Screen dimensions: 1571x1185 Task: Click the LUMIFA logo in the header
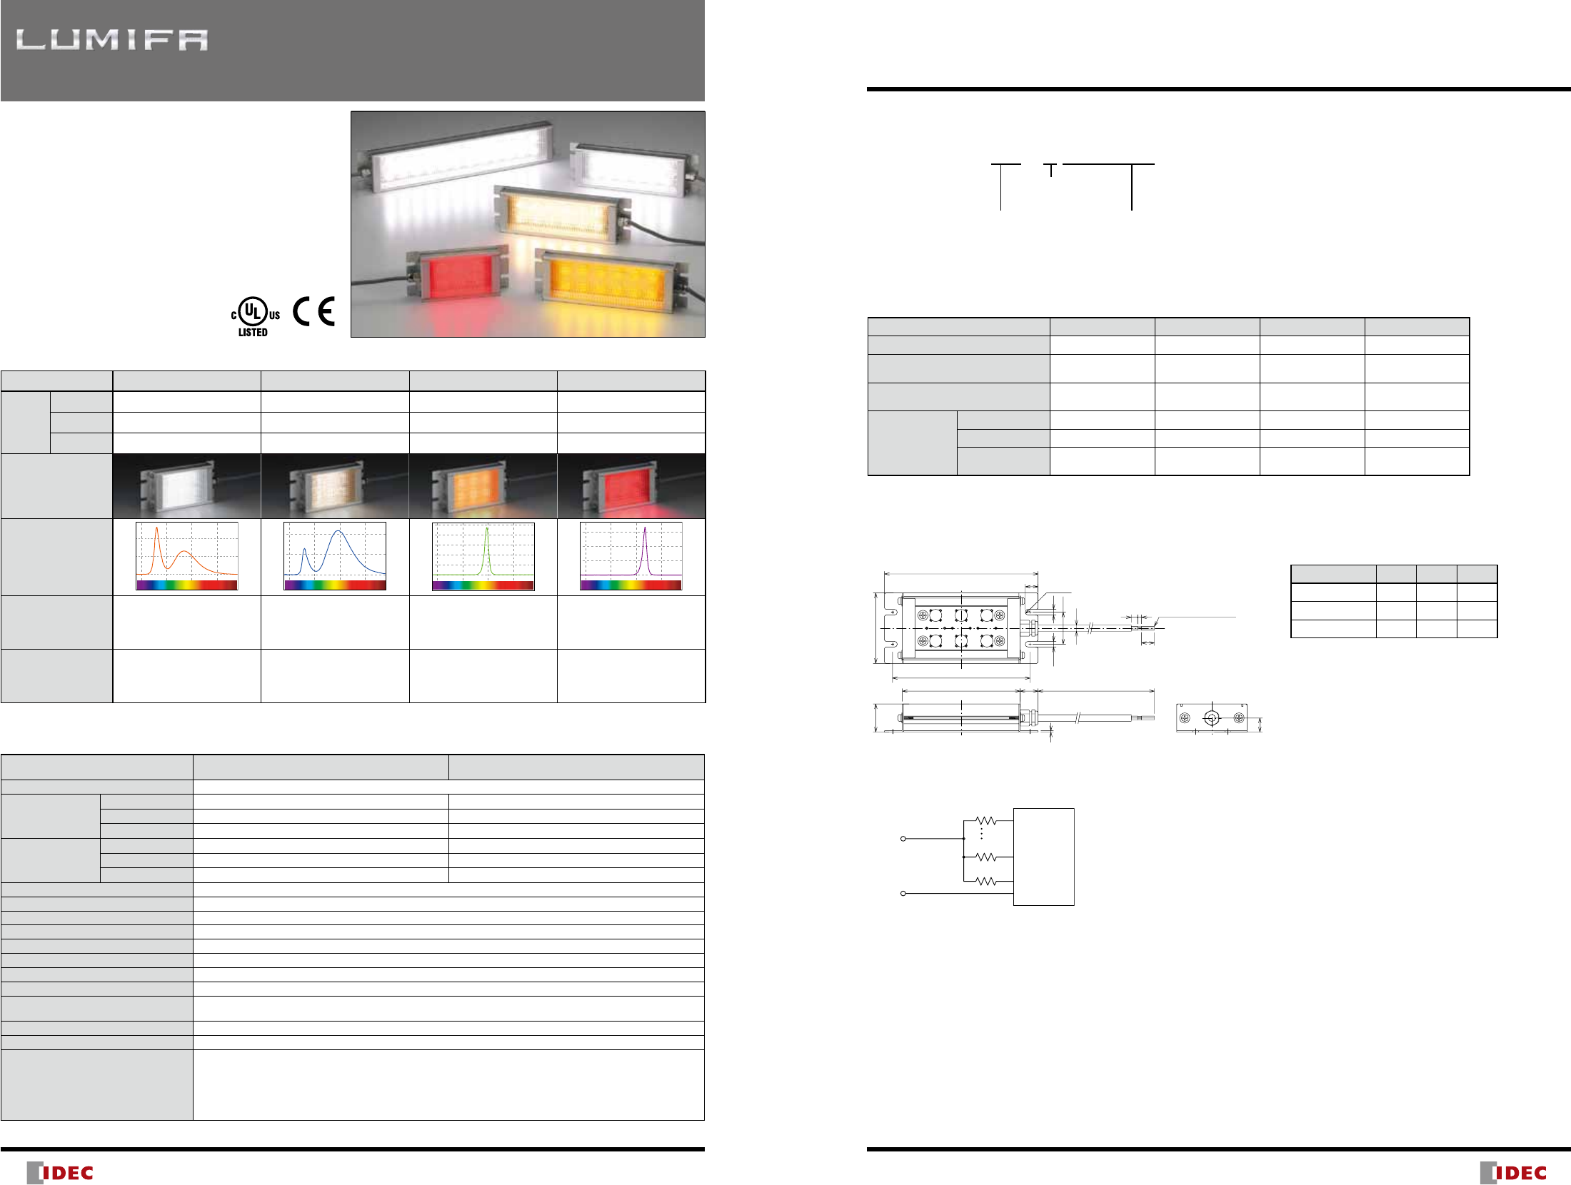click(x=112, y=40)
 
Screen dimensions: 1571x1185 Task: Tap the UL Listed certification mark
click(x=255, y=318)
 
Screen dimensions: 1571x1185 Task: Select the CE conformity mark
click(x=313, y=311)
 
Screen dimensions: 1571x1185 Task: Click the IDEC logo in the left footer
click(x=60, y=1172)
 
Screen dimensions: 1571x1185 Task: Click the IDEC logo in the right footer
click(x=1513, y=1172)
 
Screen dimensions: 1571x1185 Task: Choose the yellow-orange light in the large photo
click(x=610, y=279)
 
